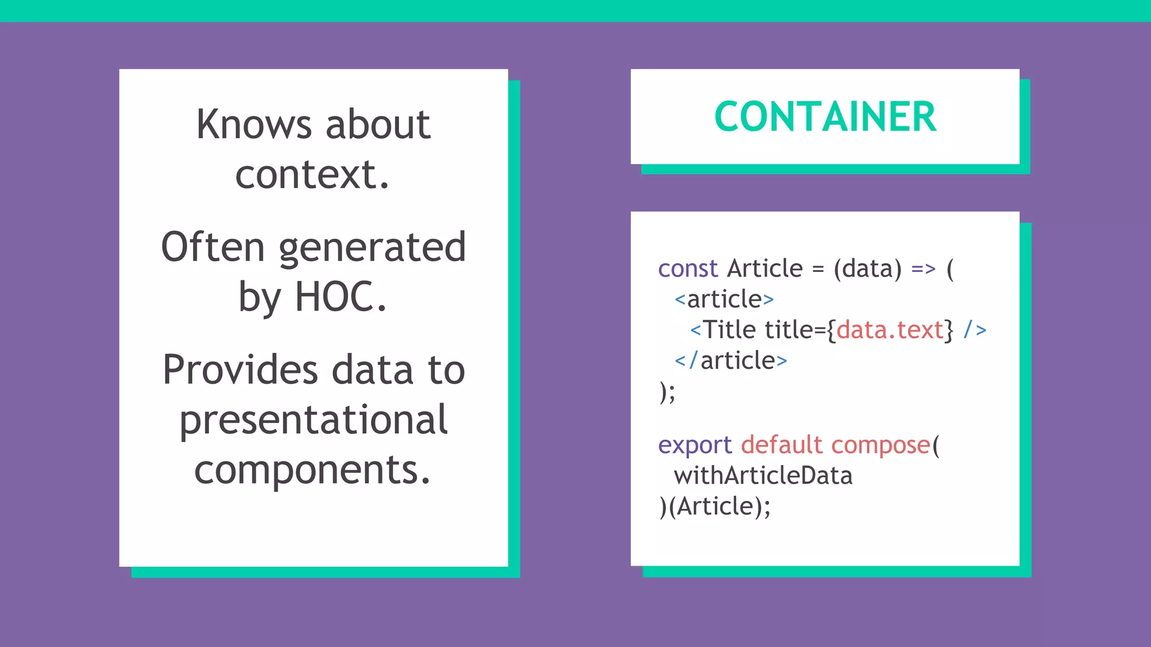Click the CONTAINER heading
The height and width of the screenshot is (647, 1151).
pos(825,117)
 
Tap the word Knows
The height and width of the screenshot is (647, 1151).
pos(253,124)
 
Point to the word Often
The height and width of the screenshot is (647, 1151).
pos(212,247)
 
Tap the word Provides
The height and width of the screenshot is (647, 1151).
pos(241,370)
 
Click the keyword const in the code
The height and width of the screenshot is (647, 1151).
pos(688,268)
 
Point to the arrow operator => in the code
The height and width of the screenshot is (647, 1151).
pos(923,268)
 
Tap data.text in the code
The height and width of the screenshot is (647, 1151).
pos(889,330)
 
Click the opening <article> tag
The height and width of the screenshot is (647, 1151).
pos(724,299)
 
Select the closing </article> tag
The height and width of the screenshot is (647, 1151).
pos(731,361)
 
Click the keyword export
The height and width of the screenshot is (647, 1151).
pos(695,445)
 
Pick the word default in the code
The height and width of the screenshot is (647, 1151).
pos(781,445)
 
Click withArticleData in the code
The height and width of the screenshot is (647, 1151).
pos(763,476)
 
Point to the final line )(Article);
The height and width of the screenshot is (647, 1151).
pos(715,507)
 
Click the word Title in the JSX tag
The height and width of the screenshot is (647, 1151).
pos(730,330)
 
